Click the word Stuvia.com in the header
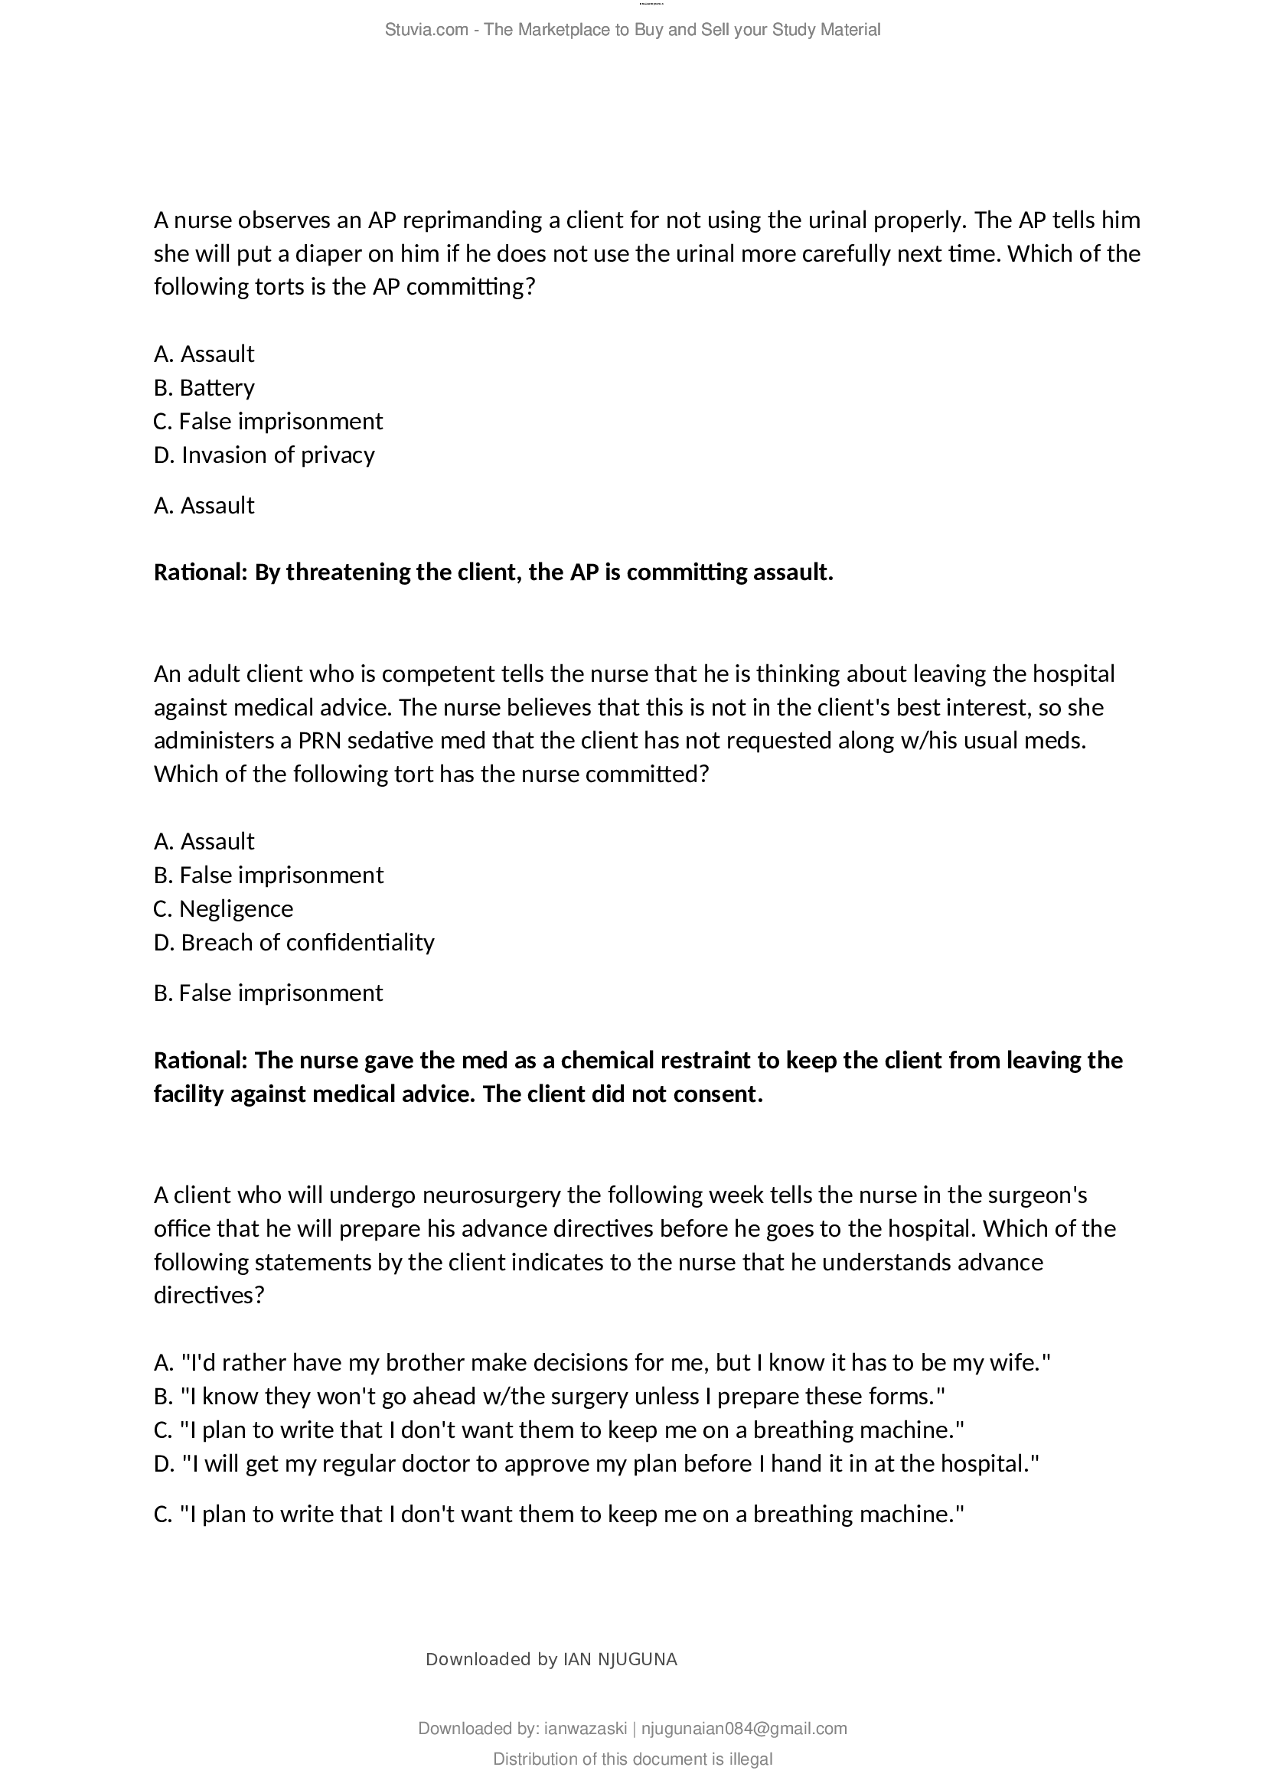426,30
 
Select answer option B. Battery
204,387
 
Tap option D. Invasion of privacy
264,455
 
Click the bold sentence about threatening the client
494,572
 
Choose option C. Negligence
224,909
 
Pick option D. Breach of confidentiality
294,943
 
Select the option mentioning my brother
602,1363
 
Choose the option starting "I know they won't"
549,1397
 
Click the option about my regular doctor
596,1463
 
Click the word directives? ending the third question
209,1296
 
